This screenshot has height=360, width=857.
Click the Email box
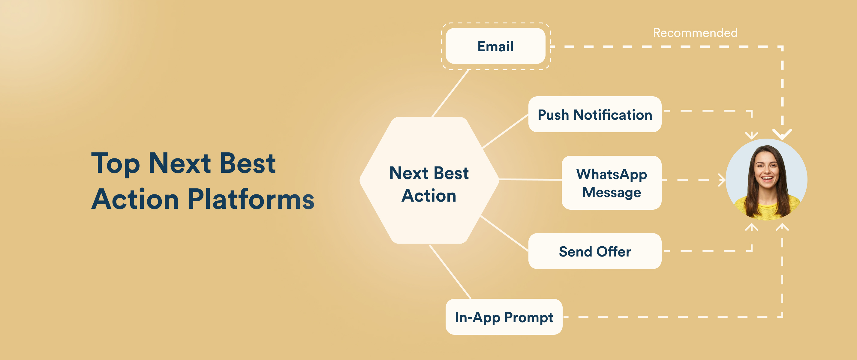tap(495, 46)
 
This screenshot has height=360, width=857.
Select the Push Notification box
tap(594, 115)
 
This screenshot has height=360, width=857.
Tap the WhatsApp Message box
tap(611, 183)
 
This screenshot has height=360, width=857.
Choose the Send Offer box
tap(594, 251)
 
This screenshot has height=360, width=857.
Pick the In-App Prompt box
tap(504, 317)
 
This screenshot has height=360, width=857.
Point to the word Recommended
tap(695, 33)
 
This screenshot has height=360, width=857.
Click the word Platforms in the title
tap(251, 199)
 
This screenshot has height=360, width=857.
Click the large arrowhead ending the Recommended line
tap(782, 134)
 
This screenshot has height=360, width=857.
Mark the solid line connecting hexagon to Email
tap(450, 93)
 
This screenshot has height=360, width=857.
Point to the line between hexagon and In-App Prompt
tap(450, 271)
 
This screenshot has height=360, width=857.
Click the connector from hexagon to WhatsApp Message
tap(530, 179)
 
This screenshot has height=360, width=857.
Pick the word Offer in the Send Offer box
tap(613, 251)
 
